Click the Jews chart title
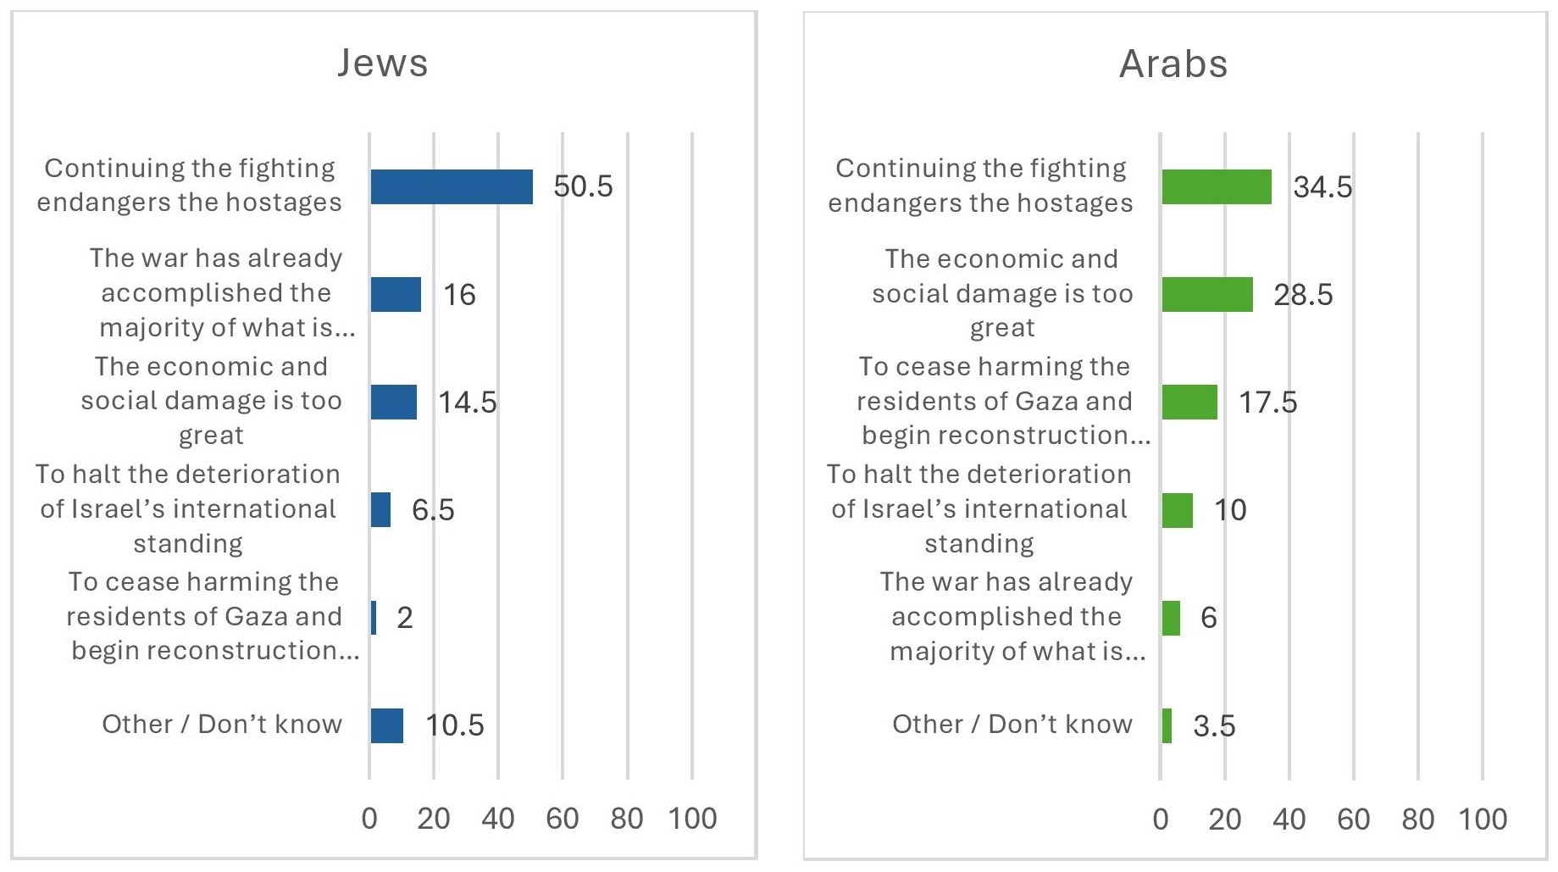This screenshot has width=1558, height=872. (x=383, y=64)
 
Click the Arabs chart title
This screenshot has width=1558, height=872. (x=1173, y=64)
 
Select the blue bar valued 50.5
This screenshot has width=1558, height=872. (x=452, y=186)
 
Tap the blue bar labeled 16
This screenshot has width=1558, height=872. (x=396, y=294)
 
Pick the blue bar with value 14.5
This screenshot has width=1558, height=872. (x=393, y=402)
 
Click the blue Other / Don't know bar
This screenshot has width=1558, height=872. (x=386, y=725)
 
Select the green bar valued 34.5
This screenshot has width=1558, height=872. (x=1217, y=186)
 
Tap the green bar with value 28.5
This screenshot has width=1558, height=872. (x=1207, y=294)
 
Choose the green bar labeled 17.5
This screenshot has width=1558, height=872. (x=1189, y=402)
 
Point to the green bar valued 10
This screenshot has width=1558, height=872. (x=1178, y=510)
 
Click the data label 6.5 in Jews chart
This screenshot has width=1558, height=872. (x=433, y=510)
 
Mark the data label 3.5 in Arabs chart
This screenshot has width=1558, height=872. (x=1214, y=726)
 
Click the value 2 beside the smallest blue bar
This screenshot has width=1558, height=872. (x=405, y=618)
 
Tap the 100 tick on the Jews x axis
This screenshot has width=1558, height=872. (x=692, y=819)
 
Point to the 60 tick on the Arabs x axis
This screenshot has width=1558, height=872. (x=1354, y=819)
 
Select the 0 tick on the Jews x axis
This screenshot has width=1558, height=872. (x=369, y=819)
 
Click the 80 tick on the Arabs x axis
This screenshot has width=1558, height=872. (x=1418, y=819)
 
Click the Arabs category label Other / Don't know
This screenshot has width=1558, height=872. (x=1012, y=725)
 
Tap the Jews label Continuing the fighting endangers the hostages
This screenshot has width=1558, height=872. (x=189, y=185)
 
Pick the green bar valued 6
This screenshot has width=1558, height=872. (x=1171, y=618)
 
